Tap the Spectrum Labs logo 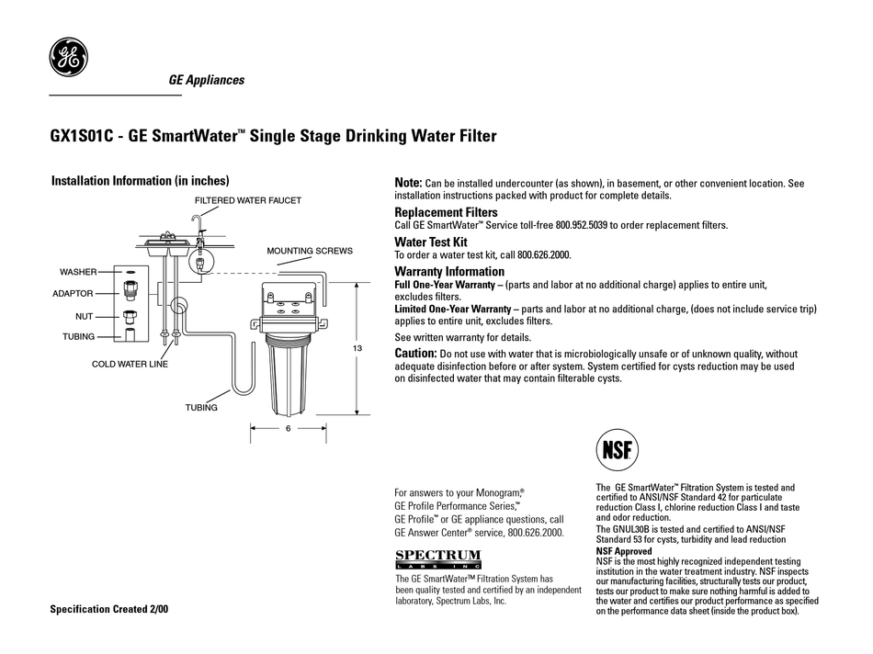click(x=437, y=558)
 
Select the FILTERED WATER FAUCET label click(x=247, y=199)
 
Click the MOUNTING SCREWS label click(x=310, y=250)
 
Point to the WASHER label click(x=78, y=273)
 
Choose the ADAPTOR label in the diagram click(x=73, y=294)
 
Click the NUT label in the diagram click(x=85, y=316)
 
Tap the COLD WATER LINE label click(x=130, y=364)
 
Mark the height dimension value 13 click(x=357, y=348)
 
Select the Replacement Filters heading click(x=446, y=212)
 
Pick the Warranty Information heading click(x=449, y=272)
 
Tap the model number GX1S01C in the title click(x=83, y=137)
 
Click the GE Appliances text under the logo click(x=207, y=80)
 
